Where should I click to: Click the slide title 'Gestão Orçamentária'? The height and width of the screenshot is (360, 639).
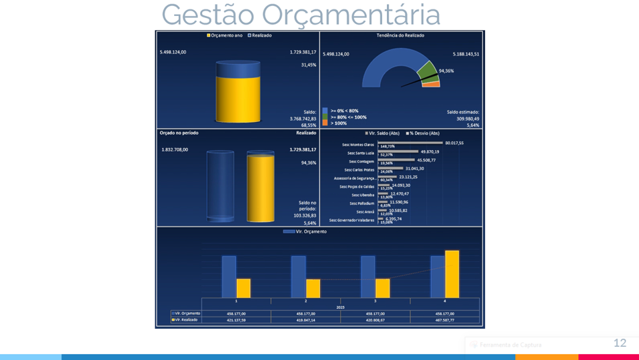(x=301, y=15)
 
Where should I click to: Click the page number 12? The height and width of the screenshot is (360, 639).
(x=620, y=343)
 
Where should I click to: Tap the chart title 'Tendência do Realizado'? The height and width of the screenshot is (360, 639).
(x=401, y=35)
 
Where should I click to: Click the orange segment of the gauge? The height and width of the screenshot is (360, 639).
(x=432, y=85)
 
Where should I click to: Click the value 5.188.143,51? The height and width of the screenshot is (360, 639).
(x=464, y=53)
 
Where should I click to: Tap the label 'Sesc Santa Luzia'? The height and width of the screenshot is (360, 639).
(x=358, y=153)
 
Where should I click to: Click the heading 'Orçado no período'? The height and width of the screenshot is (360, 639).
(x=179, y=133)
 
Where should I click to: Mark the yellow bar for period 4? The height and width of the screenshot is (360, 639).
(x=452, y=274)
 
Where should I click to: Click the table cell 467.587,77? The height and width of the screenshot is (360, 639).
(x=444, y=320)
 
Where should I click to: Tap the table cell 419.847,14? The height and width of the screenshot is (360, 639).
(x=305, y=320)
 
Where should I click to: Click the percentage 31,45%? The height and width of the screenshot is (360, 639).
(x=309, y=65)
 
